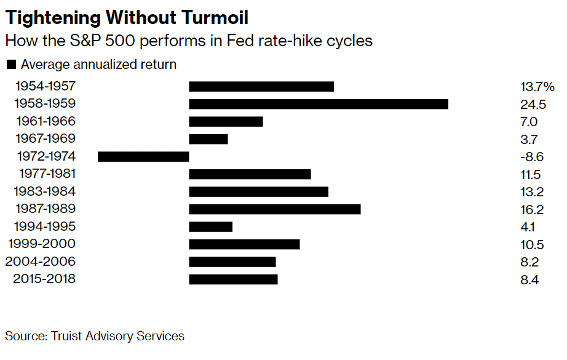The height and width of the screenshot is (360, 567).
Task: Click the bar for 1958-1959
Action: click(318, 104)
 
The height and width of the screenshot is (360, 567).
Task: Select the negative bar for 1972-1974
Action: click(143, 156)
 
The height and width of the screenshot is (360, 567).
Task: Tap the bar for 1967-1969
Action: click(208, 139)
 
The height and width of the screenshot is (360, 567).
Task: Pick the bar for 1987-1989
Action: click(274, 209)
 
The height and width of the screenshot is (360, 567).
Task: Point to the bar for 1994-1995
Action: click(210, 226)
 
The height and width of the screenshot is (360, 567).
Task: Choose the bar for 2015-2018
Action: click(233, 279)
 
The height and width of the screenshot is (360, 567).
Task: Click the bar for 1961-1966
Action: click(226, 121)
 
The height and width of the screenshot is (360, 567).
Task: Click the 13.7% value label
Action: click(537, 87)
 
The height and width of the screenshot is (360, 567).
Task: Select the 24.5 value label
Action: click(533, 104)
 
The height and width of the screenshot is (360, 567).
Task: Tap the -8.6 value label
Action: click(531, 157)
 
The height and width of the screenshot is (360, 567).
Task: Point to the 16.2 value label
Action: click(532, 209)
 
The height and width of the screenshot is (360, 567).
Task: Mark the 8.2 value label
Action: click(529, 262)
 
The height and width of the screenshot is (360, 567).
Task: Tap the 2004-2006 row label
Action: click(41, 262)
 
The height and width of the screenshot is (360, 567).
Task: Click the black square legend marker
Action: click(10, 65)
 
